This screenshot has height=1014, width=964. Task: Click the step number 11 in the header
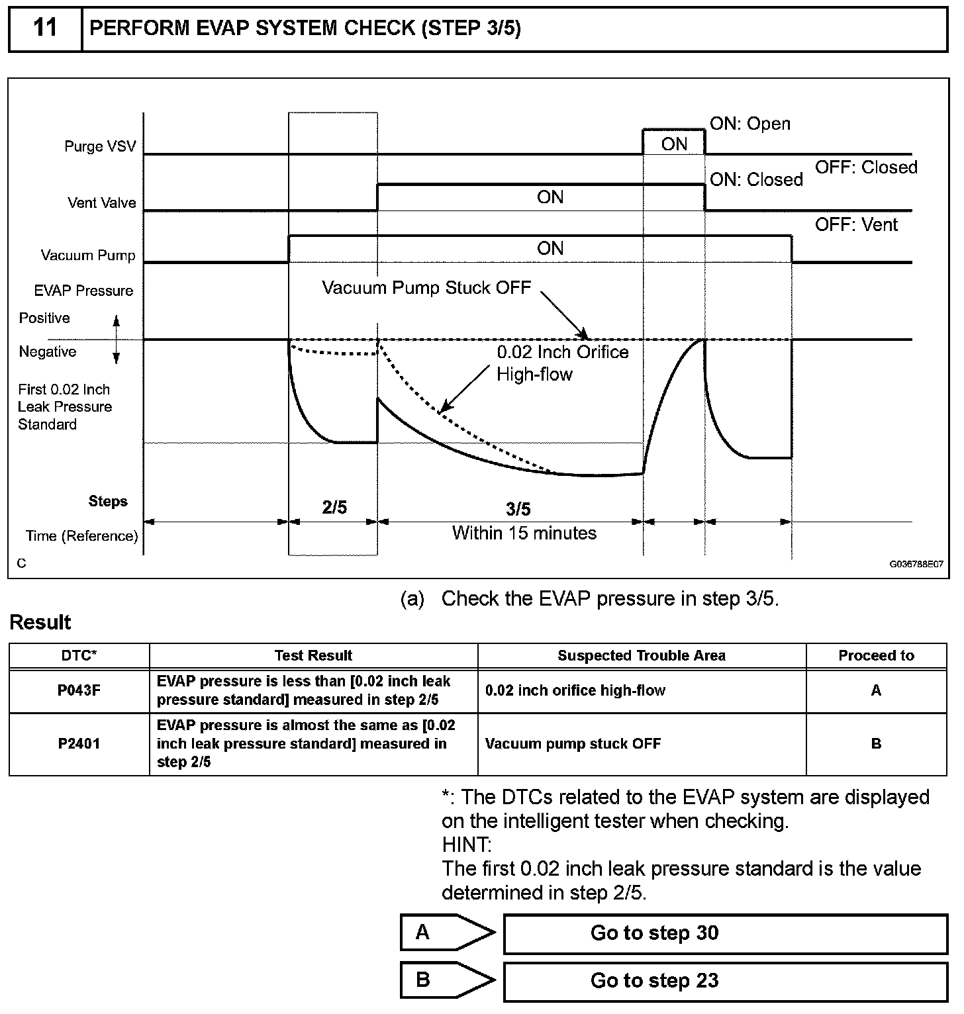[x=44, y=28]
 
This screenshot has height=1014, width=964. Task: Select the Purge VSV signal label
[x=100, y=146]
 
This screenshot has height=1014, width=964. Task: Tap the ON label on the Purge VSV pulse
[x=674, y=144]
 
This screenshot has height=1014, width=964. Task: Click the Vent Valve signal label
[x=102, y=203]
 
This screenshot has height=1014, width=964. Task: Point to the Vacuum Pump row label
[x=88, y=255]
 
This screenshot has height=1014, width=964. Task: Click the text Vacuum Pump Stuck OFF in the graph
[x=426, y=288]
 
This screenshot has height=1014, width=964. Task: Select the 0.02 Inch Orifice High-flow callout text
[x=562, y=363]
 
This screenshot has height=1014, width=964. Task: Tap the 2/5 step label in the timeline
[x=334, y=508]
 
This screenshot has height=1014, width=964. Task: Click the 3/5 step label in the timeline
[x=518, y=509]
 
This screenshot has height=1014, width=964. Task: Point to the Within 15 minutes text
[x=524, y=533]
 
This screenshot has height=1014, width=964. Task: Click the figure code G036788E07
[x=916, y=565]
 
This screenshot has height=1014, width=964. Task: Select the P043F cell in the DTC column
[x=79, y=690]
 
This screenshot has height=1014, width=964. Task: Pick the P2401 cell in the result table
[x=79, y=743]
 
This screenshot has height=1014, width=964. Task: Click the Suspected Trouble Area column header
[x=641, y=655]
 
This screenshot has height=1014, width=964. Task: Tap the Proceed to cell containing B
[x=875, y=743]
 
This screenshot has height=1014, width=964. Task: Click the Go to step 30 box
[x=725, y=933]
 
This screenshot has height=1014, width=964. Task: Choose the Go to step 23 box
[x=725, y=980]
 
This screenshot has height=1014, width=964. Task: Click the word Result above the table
[x=40, y=622]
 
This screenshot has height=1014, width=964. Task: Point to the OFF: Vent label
[x=855, y=225]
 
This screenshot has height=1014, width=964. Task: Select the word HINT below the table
[x=466, y=845]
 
